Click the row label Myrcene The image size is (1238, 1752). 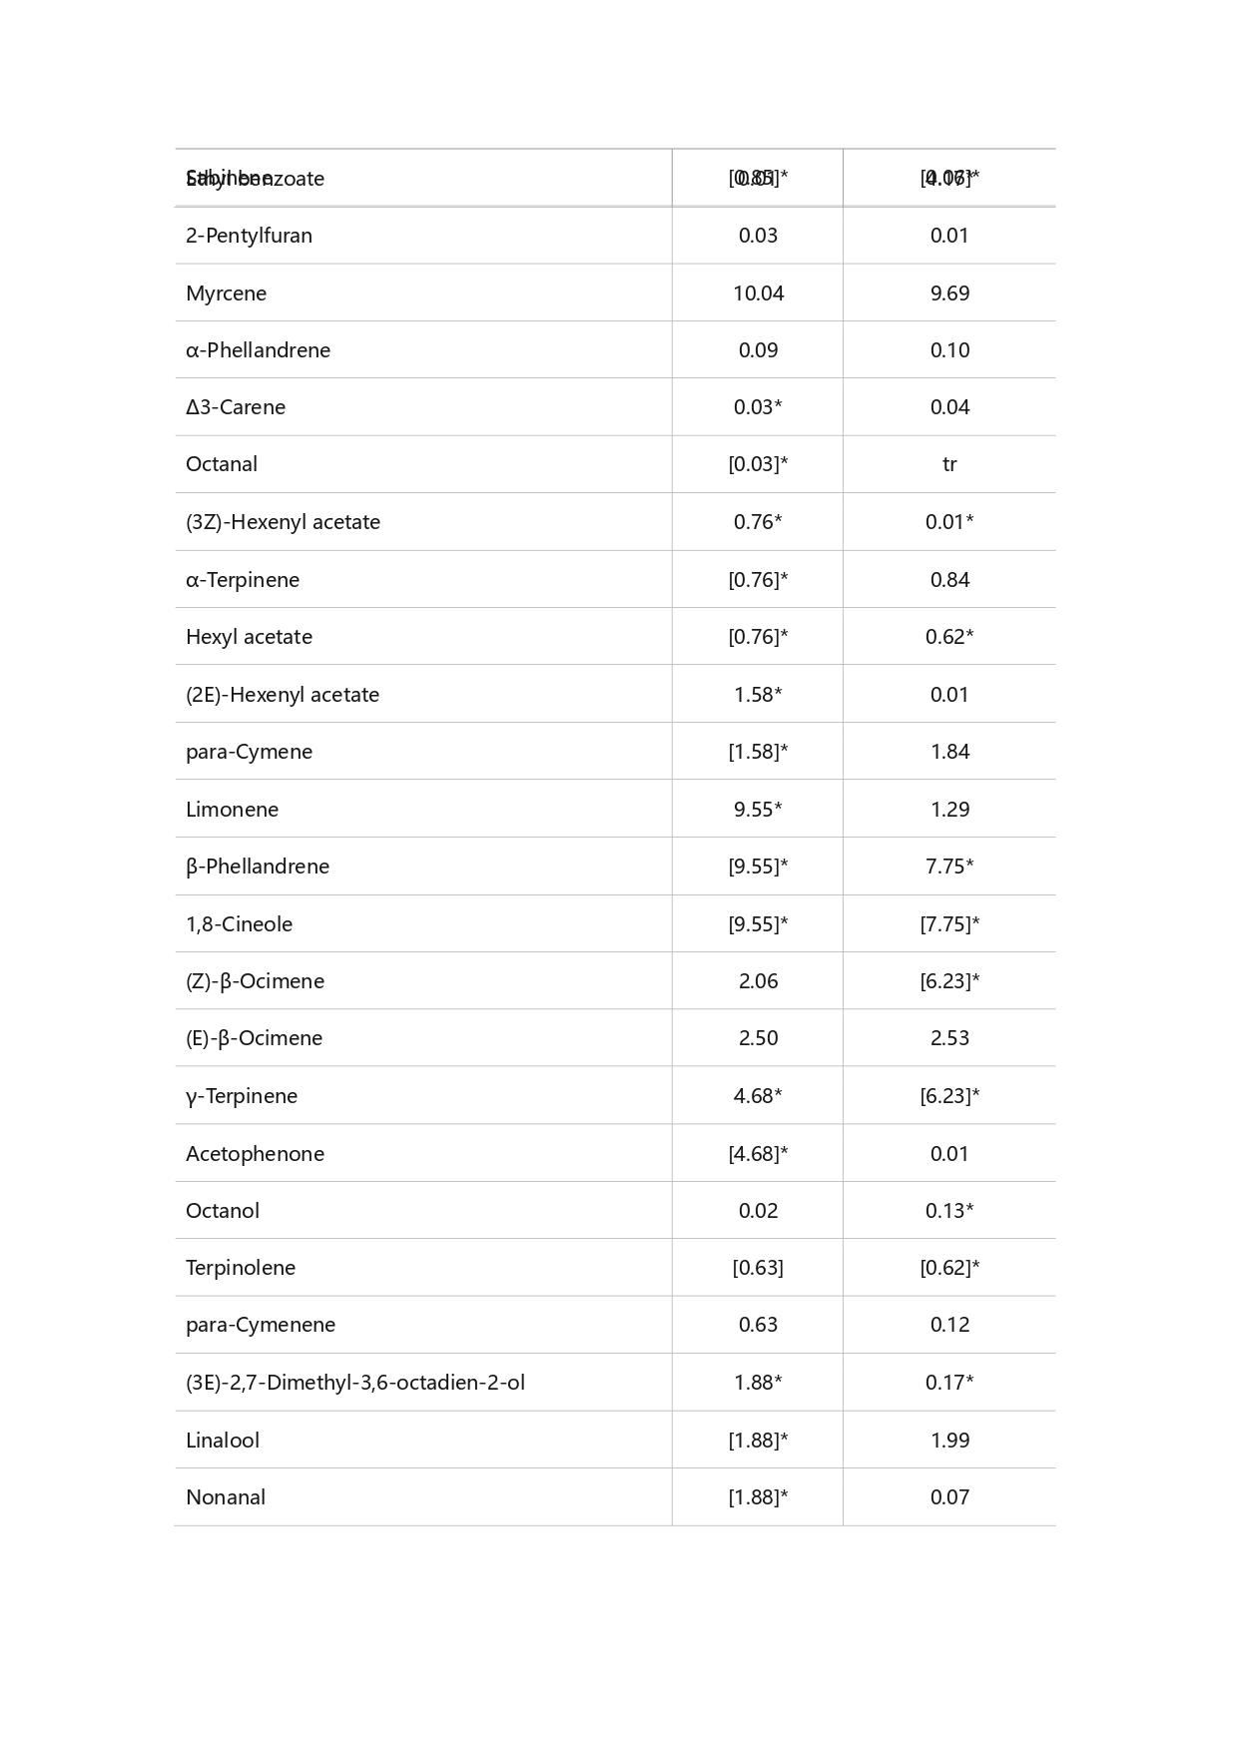tap(226, 293)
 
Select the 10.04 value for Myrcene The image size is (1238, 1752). tap(758, 293)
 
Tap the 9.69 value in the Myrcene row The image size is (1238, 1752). tap(949, 293)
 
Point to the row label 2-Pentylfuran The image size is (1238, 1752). tap(249, 236)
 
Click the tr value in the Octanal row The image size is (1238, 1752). tap(949, 464)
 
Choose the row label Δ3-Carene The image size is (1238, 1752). tap(236, 407)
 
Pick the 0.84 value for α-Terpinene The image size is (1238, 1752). tap(949, 580)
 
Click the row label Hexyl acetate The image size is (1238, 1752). tap(249, 637)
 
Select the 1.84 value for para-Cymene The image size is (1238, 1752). tap(949, 752)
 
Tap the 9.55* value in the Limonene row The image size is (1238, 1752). tap(758, 810)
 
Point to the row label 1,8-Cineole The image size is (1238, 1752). tap(239, 924)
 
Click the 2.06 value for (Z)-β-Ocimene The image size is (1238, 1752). tap(758, 981)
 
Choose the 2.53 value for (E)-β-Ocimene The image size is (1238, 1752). tap(949, 1038)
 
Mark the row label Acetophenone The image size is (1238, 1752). tap(255, 1154)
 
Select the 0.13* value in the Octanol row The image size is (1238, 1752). tap(949, 1211)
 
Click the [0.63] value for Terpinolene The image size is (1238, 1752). tap(758, 1268)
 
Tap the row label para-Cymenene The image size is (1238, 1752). tap(261, 1325)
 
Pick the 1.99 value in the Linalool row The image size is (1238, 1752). tap(949, 1441)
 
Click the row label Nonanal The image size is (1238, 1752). tap(226, 1497)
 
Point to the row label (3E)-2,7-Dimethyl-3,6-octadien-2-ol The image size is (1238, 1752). tap(354, 1383)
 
